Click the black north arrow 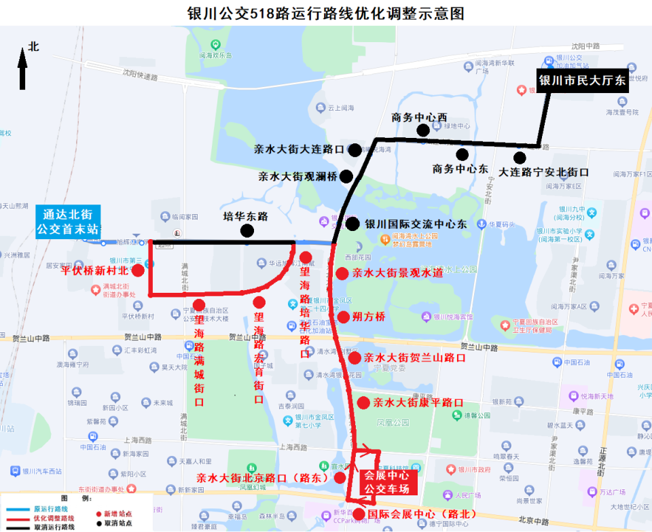(22, 70)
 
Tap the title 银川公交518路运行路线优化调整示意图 (326, 14)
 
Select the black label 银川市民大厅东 (582, 81)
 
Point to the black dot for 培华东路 (247, 231)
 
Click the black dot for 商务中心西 (423, 130)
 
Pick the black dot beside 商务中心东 (463, 154)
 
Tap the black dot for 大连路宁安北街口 (520, 158)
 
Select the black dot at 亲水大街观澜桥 (346, 177)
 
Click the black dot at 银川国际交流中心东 (352, 224)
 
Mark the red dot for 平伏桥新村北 (138, 270)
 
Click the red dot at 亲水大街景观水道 (342, 274)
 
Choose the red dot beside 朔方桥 (343, 317)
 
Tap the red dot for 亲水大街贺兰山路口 (354, 358)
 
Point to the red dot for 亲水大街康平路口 (363, 403)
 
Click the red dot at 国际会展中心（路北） (359, 514)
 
